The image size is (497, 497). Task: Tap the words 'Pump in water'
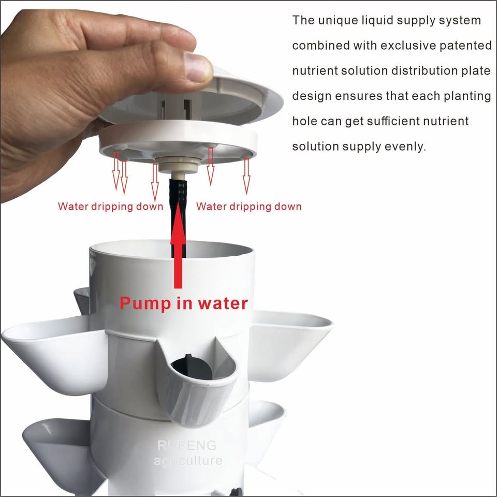click(x=184, y=303)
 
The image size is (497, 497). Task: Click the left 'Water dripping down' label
click(x=110, y=207)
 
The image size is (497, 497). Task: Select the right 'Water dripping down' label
click(x=248, y=207)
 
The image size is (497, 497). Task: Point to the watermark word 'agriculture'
click(x=188, y=460)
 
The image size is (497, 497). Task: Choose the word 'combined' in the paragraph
click(x=321, y=46)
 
